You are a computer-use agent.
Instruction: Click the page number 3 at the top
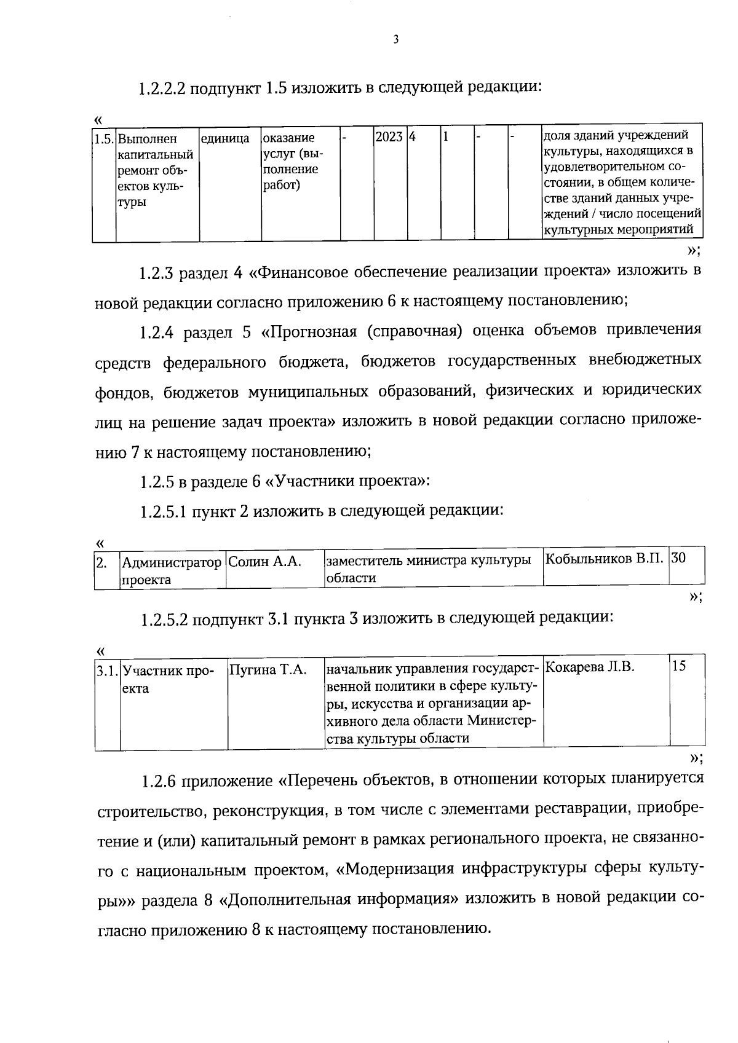[x=395, y=40]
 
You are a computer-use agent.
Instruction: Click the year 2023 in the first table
[x=389, y=137]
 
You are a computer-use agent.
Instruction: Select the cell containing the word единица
[x=225, y=139]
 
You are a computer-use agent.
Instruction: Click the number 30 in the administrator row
[x=679, y=558]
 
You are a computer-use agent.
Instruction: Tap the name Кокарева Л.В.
[x=590, y=667]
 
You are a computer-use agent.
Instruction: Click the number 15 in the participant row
[x=679, y=666]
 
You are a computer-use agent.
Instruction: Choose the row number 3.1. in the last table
[x=107, y=670]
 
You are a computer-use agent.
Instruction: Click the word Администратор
[x=172, y=562]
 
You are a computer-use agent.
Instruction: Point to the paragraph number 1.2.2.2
[x=162, y=89]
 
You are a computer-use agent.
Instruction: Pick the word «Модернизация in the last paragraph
[x=403, y=870]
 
